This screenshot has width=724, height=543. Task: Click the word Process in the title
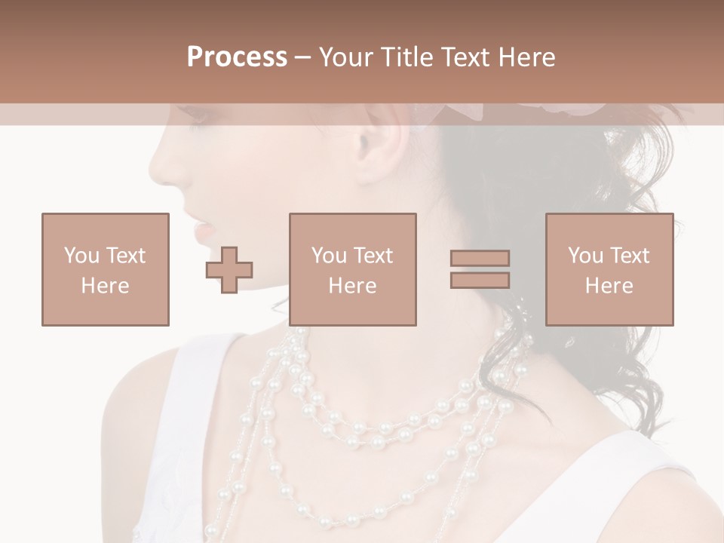[237, 57]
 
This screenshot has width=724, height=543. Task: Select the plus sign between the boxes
[229, 269]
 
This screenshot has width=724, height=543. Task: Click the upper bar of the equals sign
[480, 259]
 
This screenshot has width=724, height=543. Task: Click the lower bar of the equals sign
[480, 280]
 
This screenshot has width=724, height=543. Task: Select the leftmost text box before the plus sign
[105, 269]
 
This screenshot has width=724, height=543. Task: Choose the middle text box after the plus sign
[352, 269]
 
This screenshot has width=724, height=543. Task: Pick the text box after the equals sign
[609, 269]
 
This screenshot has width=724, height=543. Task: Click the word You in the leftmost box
[81, 256]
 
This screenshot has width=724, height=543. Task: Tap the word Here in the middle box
[352, 286]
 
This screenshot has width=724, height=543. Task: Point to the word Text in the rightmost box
[630, 256]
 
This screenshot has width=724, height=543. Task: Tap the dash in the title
[303, 57]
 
